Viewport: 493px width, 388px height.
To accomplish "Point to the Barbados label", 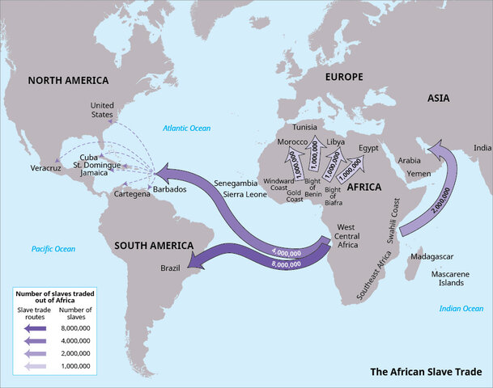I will point(169,189).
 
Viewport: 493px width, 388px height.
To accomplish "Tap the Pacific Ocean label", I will point(53,249).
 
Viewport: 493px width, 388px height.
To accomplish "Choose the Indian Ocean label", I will point(461,308).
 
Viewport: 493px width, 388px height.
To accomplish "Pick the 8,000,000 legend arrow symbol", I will point(36,329).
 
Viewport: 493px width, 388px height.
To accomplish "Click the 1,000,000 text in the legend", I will point(76,365).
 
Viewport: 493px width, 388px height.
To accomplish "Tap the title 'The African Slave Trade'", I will point(425,372).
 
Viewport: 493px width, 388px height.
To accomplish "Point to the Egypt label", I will point(369,149).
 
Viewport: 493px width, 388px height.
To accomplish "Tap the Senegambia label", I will point(238,183).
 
